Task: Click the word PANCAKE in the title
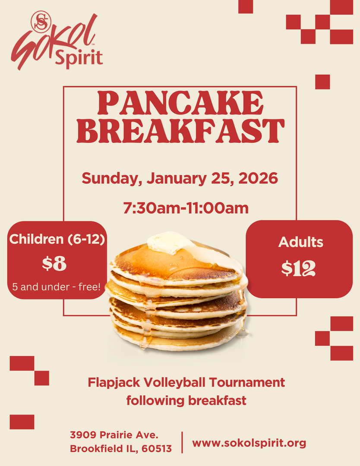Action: coord(180,103)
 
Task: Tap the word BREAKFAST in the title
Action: coord(180,131)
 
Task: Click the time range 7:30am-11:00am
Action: coord(186,208)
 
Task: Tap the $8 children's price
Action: coord(54,263)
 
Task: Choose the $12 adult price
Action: coord(298,268)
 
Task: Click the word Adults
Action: coord(300,242)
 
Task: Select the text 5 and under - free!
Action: coord(57,287)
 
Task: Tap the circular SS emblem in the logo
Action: coord(41,22)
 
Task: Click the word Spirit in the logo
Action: coord(79,57)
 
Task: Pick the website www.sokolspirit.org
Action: coord(249,443)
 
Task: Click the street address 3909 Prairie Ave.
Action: coord(114,435)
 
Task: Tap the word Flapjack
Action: coord(114,383)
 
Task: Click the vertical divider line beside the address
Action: coord(182,442)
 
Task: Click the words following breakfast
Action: coord(186,400)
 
